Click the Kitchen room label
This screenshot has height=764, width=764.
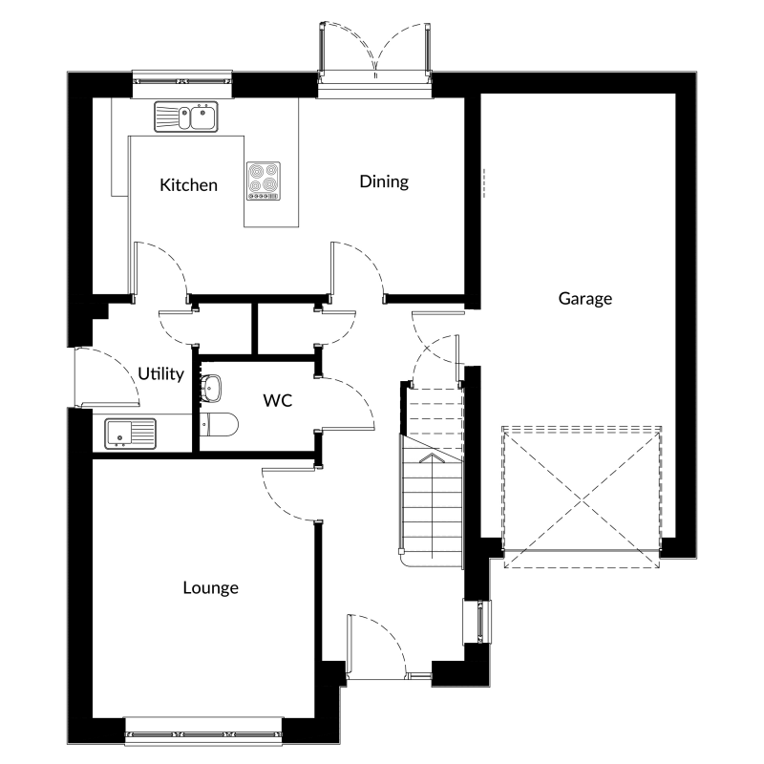(188, 185)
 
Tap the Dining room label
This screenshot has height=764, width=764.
(384, 182)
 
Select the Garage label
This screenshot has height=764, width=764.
(585, 299)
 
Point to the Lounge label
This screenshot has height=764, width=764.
(210, 588)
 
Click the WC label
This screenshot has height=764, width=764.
(278, 400)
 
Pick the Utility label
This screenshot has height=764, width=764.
(160, 374)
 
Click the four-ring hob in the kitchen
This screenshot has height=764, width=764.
(264, 180)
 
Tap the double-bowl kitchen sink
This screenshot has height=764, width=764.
(186, 117)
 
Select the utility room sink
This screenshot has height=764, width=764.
(131, 434)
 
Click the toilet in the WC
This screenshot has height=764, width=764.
(219, 424)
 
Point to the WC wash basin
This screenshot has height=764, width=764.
(210, 389)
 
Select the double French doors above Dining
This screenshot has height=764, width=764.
(374, 53)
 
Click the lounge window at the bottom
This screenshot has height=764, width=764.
(203, 731)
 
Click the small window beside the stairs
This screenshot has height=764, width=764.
(477, 622)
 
